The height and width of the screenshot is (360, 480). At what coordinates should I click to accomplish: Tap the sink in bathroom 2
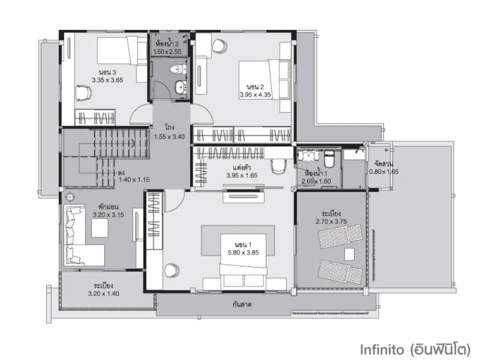(180, 87)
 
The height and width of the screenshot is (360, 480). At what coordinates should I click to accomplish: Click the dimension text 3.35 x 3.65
(108, 80)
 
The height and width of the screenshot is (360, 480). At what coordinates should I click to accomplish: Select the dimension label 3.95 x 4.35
(255, 95)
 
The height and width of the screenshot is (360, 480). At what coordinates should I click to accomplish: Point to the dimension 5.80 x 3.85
(243, 252)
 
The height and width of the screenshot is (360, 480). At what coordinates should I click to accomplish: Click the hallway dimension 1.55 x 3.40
(169, 137)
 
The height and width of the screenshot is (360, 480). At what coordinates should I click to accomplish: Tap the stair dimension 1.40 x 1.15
(134, 180)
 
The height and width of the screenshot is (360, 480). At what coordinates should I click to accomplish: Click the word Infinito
(383, 349)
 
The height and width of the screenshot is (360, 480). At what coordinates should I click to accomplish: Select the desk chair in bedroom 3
(84, 93)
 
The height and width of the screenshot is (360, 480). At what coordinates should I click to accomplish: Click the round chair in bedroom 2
(219, 46)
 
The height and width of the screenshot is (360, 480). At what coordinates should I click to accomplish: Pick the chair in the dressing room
(278, 166)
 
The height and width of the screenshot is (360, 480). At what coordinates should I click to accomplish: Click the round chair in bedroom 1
(172, 270)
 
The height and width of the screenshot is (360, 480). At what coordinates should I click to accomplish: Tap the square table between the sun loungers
(349, 254)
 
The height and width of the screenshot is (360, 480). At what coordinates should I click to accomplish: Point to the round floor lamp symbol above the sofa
(70, 196)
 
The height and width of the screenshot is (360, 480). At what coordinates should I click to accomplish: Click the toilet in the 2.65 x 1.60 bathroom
(329, 158)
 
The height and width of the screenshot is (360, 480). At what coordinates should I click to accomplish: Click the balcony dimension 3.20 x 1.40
(104, 294)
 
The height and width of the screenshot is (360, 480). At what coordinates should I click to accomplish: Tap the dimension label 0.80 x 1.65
(384, 172)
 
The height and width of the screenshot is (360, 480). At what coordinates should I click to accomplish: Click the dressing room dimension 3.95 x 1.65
(242, 175)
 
